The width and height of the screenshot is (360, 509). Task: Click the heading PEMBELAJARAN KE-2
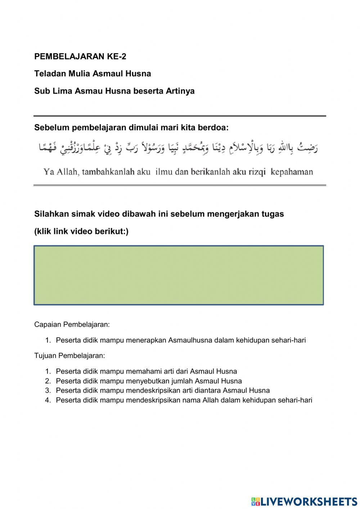click(80, 57)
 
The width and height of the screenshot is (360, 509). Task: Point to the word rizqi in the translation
click(257, 172)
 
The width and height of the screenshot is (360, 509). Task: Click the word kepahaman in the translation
click(292, 172)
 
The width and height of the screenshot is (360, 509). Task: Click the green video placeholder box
click(179, 276)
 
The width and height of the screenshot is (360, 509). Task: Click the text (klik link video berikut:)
click(81, 231)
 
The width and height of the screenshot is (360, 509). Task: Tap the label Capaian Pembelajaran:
click(72, 325)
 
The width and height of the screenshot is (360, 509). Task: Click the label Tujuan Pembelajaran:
click(69, 356)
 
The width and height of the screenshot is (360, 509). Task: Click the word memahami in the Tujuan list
click(144, 371)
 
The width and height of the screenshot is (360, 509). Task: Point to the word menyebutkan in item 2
click(148, 381)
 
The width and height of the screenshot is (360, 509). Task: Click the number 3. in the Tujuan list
click(48, 390)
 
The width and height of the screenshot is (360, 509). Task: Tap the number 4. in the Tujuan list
click(48, 400)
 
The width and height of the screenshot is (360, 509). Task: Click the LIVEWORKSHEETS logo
click(304, 501)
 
